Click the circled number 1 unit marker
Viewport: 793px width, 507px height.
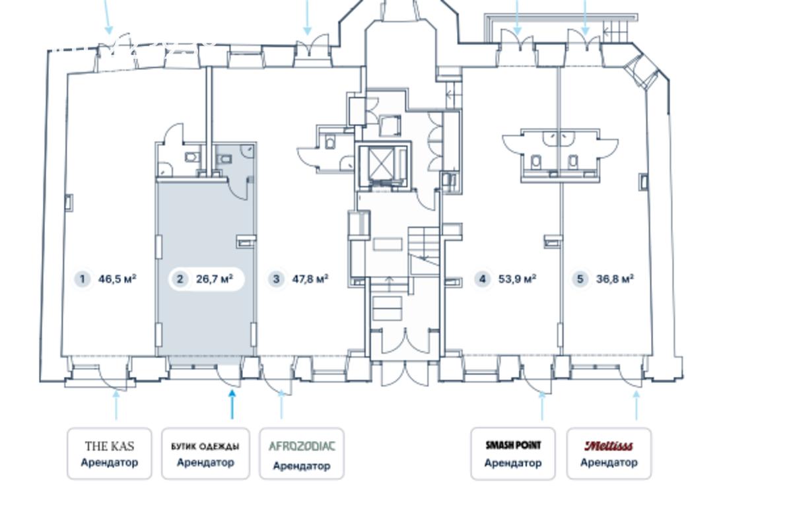coord(83,279)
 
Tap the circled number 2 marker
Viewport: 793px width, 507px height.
coord(180,279)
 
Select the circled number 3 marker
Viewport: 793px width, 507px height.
coord(276,279)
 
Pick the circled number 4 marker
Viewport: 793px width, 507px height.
coord(483,279)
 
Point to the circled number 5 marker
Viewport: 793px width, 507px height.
coord(580,279)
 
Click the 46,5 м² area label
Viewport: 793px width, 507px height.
coord(118,279)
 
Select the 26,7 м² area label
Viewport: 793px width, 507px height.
coord(215,279)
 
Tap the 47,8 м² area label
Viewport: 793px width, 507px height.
coord(310,279)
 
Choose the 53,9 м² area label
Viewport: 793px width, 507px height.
coord(517,279)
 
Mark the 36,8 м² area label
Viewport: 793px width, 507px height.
coord(615,279)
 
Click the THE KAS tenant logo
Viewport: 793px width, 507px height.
coord(110,446)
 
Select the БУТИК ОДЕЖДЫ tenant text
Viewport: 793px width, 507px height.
coord(205,446)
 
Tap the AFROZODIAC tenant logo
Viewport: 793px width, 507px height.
coord(302,446)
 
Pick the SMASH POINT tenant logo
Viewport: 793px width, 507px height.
coord(513,446)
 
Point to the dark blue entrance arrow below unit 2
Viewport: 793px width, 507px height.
coord(232,403)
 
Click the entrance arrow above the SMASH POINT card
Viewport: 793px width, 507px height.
coord(543,405)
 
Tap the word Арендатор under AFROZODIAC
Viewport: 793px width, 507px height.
coord(302,466)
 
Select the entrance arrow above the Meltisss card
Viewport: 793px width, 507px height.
coord(637,405)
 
